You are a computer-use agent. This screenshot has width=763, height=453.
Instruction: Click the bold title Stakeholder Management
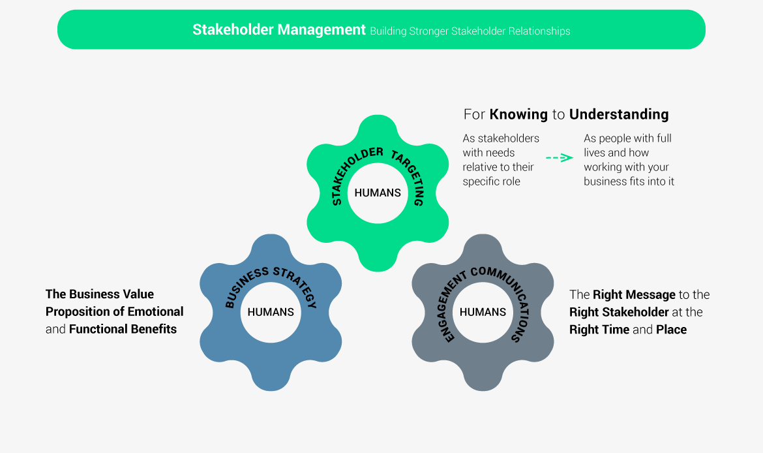278,30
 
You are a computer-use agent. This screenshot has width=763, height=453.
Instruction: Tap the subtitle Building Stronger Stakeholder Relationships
470,31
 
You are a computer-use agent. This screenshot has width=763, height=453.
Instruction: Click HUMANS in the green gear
378,193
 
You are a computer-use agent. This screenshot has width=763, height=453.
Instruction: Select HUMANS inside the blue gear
271,312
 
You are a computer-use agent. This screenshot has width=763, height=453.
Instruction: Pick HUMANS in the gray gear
483,312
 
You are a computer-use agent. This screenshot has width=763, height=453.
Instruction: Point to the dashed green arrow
559,157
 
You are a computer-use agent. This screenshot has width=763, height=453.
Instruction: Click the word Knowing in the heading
518,114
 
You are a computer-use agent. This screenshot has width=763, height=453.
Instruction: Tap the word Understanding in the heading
619,114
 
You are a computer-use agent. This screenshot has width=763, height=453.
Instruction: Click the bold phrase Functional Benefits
123,329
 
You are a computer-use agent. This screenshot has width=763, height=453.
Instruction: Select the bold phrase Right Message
634,295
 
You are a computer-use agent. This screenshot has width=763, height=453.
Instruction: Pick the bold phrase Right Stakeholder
620,312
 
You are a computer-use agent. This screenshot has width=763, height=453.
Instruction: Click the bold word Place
671,330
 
